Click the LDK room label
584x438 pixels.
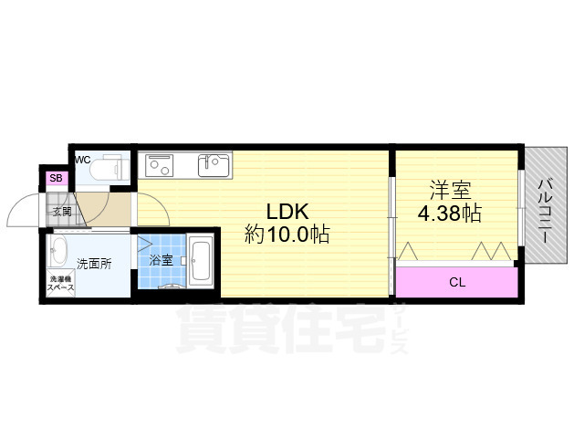287,212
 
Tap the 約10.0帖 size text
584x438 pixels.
287,235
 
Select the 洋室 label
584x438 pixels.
450,190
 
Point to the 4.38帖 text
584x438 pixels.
450,214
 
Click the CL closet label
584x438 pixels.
457,282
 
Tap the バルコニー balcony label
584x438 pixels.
546,211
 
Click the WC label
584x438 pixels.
83,160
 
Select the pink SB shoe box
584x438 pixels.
57,178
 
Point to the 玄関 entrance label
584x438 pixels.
62,212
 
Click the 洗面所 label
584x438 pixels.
94,264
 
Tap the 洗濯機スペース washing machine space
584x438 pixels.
61,283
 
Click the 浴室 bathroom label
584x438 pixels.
161,260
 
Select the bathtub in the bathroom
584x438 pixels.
201,261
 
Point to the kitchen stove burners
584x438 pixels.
159,165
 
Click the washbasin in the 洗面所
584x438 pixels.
58,251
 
